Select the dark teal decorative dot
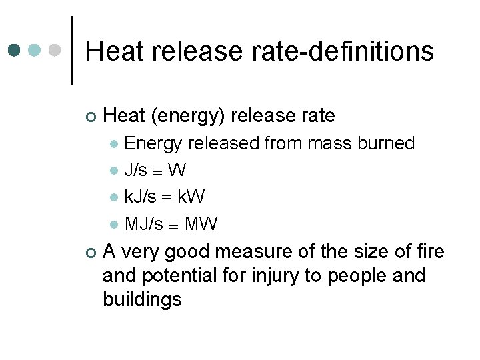tap(15, 51)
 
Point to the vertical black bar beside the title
tap(72, 51)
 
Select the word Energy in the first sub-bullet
tap(154, 143)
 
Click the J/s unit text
tap(136, 171)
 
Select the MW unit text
tap(201, 224)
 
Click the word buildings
tap(142, 299)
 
